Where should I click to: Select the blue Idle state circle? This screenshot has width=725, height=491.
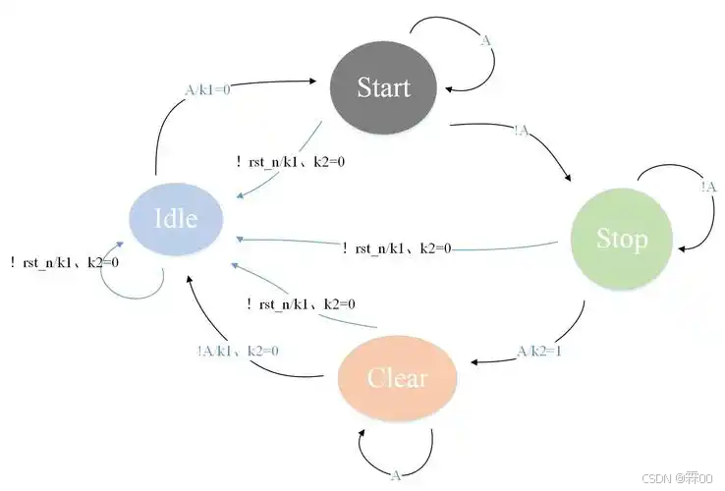(177, 218)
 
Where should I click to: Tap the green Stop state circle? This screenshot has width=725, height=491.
(622, 239)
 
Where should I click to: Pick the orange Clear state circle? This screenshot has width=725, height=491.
(397, 378)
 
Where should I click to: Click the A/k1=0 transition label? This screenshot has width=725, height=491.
(207, 88)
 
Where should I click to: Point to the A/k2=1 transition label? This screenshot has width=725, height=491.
(539, 352)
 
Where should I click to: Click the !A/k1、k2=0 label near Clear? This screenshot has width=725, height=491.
(237, 351)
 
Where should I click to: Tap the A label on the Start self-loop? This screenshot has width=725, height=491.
(485, 40)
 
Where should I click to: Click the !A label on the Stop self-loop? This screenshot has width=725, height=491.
(708, 188)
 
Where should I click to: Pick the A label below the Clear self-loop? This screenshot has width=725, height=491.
(396, 475)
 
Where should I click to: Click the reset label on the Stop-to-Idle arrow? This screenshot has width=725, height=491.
(396, 248)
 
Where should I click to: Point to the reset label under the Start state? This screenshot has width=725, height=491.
(290, 162)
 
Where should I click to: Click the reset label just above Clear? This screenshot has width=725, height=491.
(301, 305)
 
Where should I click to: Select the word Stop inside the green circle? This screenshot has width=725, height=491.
(622, 239)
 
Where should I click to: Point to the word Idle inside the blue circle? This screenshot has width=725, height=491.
(177, 218)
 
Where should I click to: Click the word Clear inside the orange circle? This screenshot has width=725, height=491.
(397, 378)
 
